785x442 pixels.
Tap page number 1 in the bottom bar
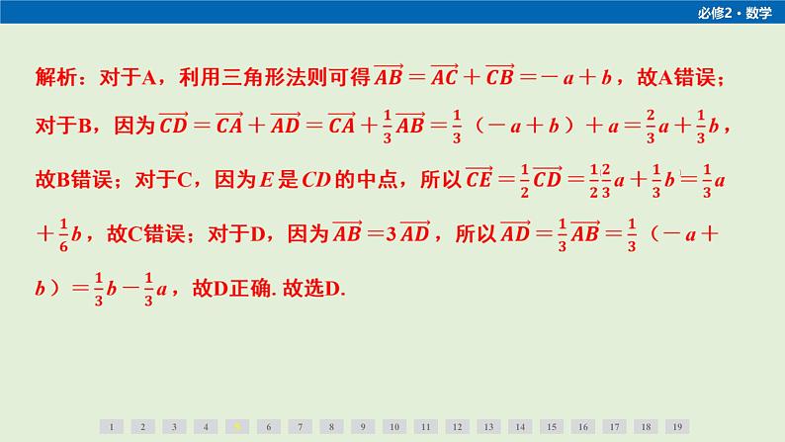tap(111, 426)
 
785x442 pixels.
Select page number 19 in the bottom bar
tap(676, 426)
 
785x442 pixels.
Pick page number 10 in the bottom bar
tap(393, 426)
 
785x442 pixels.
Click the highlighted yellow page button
tap(236, 426)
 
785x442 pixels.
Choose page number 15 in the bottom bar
tap(551, 426)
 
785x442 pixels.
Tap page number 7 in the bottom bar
tap(300, 426)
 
